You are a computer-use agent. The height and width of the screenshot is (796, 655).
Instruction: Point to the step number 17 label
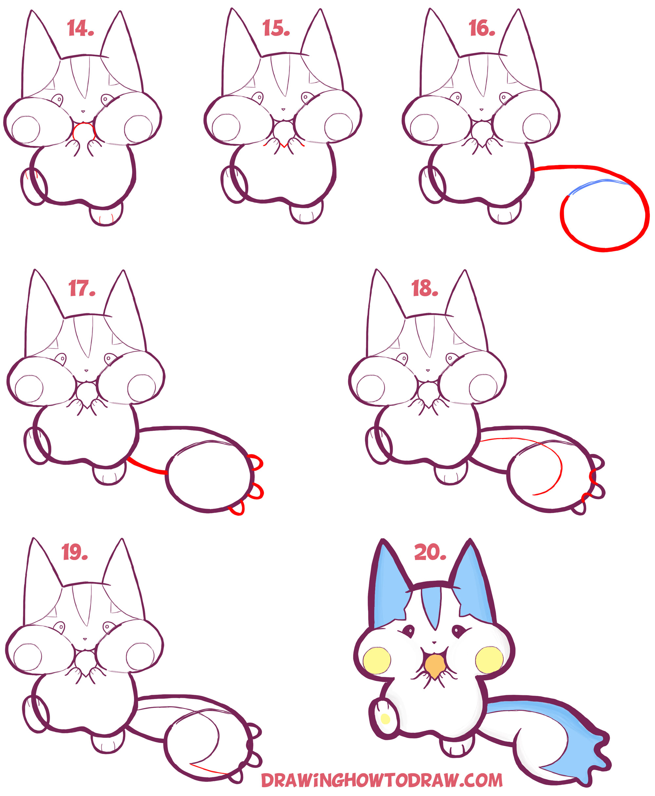tap(82, 288)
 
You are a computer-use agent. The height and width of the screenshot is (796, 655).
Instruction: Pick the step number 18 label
tap(424, 288)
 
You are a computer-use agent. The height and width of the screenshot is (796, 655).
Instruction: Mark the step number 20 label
tap(430, 552)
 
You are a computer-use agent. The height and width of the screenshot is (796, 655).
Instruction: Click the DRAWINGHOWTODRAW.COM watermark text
tap(382, 780)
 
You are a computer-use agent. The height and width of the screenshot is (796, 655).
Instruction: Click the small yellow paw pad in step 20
tap(385, 719)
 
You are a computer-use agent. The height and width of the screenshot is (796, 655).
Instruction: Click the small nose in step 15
tap(283, 109)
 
